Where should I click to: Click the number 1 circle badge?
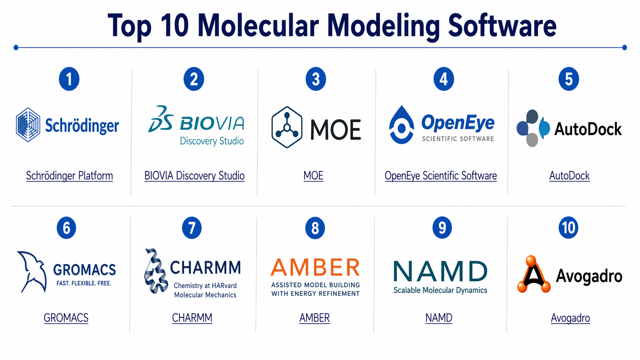(x=69, y=79)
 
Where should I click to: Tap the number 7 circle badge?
(x=192, y=228)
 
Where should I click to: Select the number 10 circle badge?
(x=568, y=228)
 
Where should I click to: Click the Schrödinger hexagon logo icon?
(x=28, y=125)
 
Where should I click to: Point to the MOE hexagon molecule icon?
(x=287, y=127)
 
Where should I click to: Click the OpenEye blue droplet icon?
(x=402, y=125)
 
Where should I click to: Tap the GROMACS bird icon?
(x=32, y=272)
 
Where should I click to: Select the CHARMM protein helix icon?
(x=155, y=271)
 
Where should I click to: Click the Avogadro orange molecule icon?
(x=534, y=274)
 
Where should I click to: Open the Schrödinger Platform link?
(x=69, y=176)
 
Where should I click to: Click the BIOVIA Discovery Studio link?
(x=194, y=176)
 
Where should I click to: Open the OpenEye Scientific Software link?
(x=441, y=176)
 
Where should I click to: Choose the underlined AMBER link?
(x=314, y=318)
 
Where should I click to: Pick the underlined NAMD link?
(x=439, y=318)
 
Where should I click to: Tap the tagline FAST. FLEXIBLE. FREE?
(x=84, y=283)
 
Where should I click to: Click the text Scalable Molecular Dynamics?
(x=440, y=290)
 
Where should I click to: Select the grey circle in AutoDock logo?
(x=532, y=140)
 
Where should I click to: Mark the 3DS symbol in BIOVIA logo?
(x=161, y=119)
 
